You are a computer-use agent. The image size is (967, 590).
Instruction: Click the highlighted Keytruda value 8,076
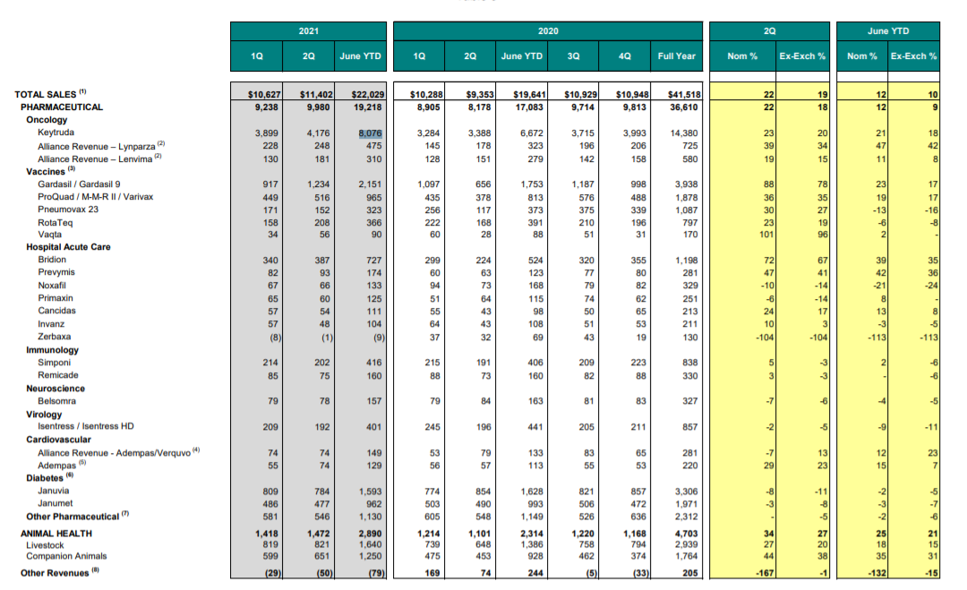click(370, 133)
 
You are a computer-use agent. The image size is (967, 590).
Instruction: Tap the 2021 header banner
click(308, 30)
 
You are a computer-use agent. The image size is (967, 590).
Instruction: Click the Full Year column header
click(676, 56)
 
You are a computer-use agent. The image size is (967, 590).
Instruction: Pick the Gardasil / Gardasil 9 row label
click(79, 184)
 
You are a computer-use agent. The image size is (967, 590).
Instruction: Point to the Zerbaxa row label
click(55, 337)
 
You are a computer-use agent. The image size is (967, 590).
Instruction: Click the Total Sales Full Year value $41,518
click(682, 94)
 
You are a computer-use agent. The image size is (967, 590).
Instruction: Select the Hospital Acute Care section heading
click(68, 246)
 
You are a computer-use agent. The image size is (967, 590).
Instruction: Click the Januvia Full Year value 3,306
click(687, 492)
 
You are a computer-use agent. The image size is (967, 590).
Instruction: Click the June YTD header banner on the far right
click(888, 30)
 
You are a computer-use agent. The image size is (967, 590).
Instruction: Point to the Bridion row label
click(52, 260)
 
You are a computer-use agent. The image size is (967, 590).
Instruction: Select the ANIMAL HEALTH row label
click(56, 534)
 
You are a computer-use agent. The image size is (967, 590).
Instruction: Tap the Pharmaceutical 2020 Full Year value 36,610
click(684, 107)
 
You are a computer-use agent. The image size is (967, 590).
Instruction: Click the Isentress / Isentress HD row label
click(86, 426)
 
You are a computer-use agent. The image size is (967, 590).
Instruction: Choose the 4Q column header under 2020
click(624, 56)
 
